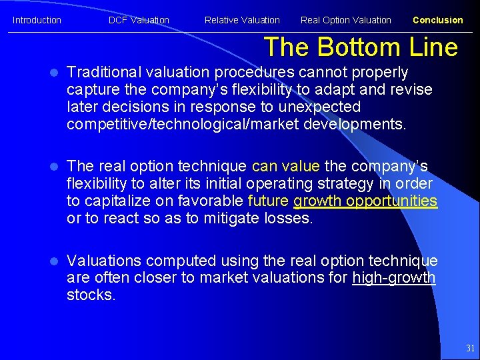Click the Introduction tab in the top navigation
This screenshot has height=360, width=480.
tap(37, 20)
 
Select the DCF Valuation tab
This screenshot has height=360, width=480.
tap(139, 20)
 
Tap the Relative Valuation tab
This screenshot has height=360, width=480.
tap(242, 20)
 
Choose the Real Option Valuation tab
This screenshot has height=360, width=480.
tap(345, 20)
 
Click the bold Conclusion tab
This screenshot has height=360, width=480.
tap(437, 20)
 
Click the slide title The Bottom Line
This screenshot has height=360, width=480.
tap(361, 47)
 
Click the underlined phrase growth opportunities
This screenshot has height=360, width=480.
tap(365, 201)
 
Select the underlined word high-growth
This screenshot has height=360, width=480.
tap(394, 278)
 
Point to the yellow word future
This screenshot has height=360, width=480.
tap(268, 201)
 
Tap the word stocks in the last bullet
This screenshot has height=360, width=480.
tap(91, 295)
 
